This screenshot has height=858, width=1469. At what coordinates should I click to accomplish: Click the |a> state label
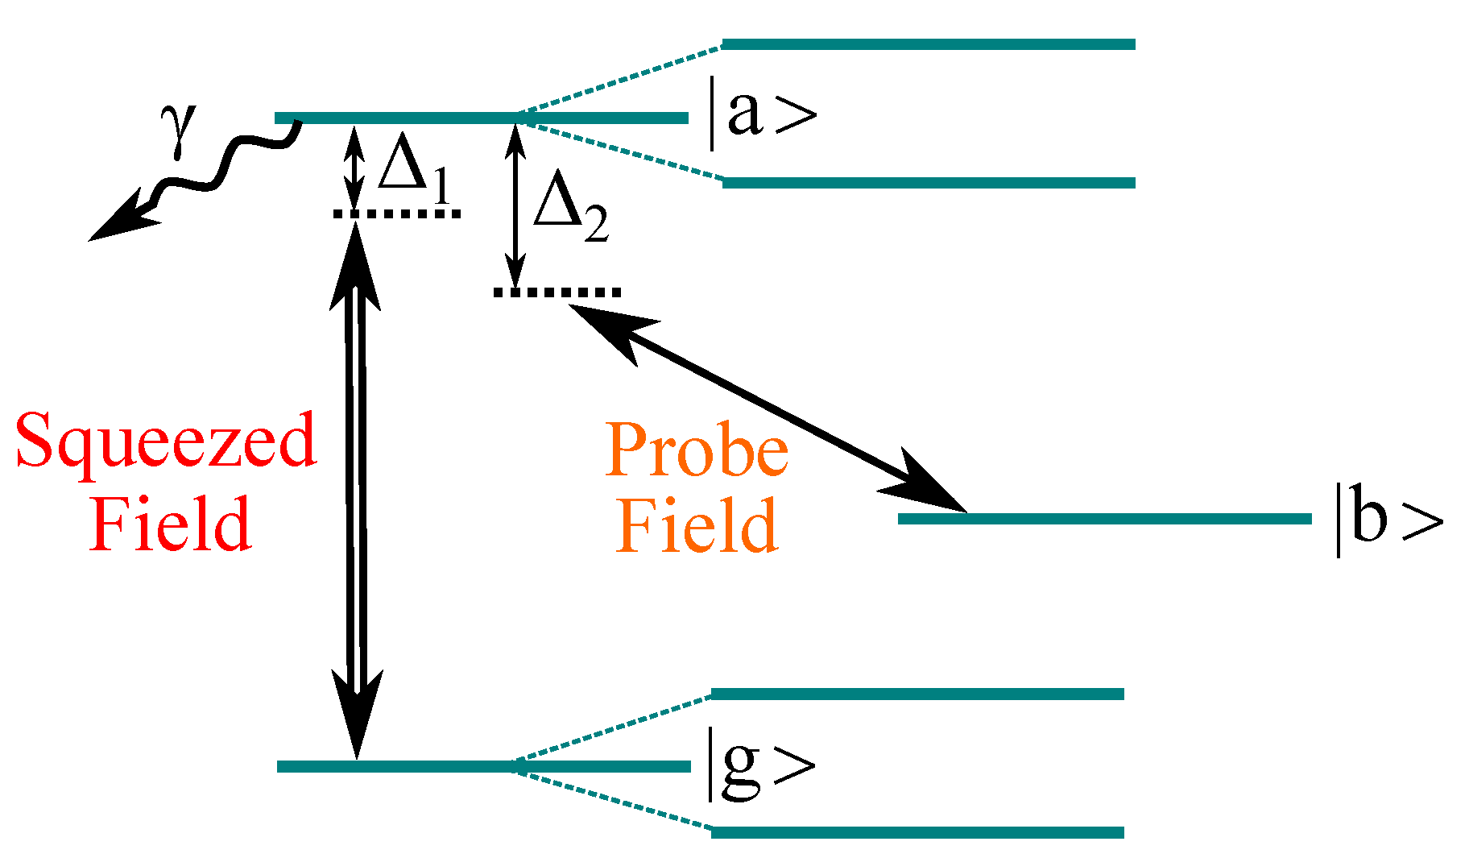761,114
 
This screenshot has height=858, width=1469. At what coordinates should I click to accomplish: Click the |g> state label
759,764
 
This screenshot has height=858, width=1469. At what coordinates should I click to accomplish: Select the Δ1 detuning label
411,169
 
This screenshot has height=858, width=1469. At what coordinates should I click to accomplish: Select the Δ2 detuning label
569,208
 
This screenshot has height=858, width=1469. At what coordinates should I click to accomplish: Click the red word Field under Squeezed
171,524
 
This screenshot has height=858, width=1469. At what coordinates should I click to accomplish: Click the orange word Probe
697,450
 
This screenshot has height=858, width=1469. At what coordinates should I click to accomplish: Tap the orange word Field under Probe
697,525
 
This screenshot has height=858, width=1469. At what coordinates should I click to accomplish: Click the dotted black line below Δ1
396,213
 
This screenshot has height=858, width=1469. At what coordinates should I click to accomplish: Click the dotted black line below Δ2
557,292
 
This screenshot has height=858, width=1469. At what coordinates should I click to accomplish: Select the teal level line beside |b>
1103,519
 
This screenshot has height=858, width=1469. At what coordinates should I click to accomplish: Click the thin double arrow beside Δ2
515,205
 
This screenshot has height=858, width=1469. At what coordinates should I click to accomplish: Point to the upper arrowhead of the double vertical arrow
355,262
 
